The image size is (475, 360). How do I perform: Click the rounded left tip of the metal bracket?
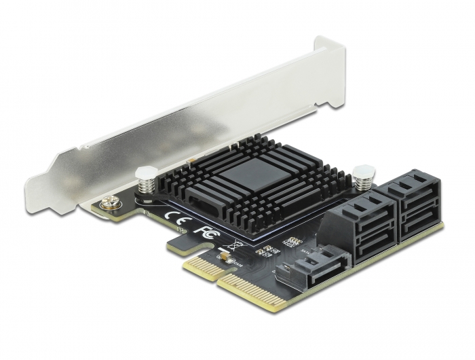34,184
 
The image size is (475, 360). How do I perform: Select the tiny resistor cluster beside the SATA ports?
294,241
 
